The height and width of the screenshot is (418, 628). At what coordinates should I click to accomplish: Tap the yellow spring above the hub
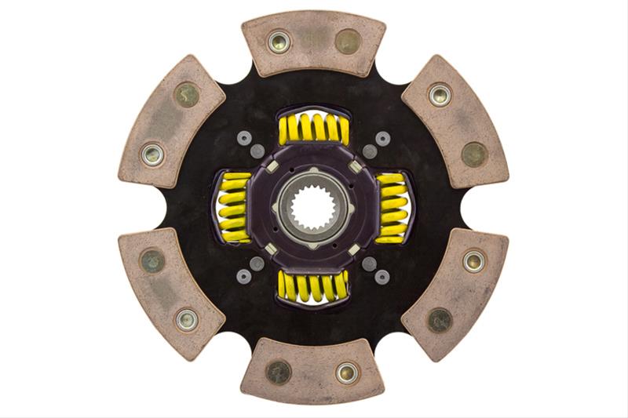[x=313, y=129]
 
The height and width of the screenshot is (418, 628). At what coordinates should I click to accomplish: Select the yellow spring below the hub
[x=313, y=287]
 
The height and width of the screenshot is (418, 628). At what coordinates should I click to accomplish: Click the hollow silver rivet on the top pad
[x=279, y=42]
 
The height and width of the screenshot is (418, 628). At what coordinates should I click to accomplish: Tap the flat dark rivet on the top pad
[x=347, y=42]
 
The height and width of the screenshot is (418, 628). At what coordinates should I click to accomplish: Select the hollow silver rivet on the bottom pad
[x=347, y=373]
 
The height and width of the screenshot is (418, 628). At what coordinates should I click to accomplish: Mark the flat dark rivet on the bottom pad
[x=278, y=373]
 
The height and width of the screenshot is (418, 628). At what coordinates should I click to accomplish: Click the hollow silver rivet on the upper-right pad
[x=440, y=95]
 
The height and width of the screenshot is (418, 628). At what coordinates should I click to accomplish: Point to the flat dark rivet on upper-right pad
[x=473, y=154]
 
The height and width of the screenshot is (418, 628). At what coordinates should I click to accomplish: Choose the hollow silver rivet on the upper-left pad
[x=152, y=154]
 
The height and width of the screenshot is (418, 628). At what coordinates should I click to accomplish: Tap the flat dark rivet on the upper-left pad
[x=187, y=95]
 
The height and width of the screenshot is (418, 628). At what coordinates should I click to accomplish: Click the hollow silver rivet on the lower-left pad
[x=187, y=319]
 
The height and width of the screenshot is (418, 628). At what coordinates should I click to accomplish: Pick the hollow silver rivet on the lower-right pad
[x=473, y=260]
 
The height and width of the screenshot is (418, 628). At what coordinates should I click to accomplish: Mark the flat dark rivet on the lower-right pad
[x=440, y=319]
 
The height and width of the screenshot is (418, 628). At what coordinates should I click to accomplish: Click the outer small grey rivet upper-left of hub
[x=244, y=138]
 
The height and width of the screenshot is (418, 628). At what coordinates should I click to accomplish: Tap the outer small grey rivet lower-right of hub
[x=382, y=277]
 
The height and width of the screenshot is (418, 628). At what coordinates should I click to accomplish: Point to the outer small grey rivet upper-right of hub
[x=382, y=138]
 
